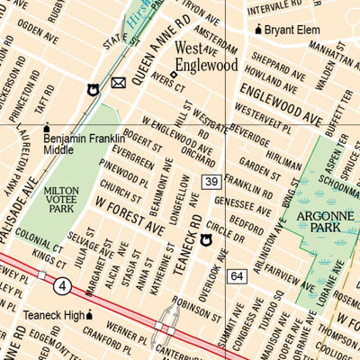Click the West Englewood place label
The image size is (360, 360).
click(x=205, y=56)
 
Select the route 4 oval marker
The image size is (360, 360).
click(x=60, y=287)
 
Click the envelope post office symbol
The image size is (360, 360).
click(x=118, y=84)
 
